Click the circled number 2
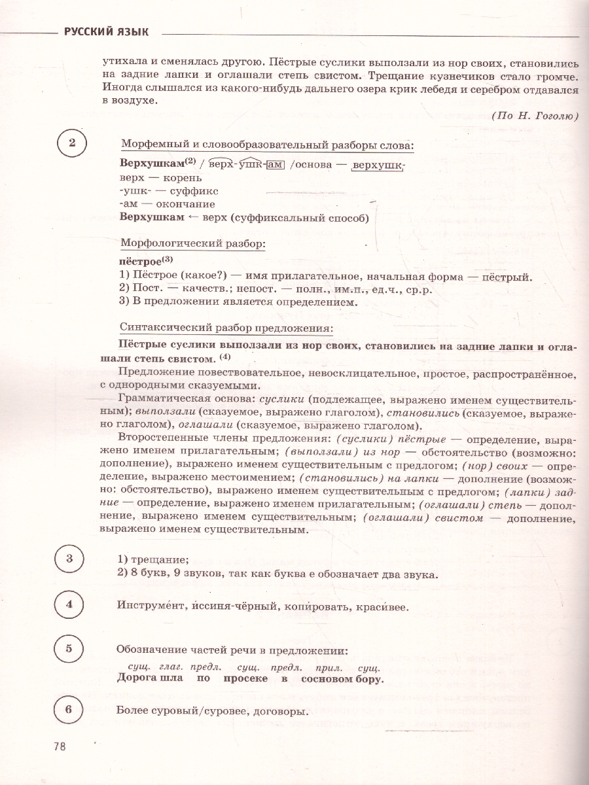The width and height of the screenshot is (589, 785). (73, 144)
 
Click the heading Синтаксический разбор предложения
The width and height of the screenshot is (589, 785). (226, 328)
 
